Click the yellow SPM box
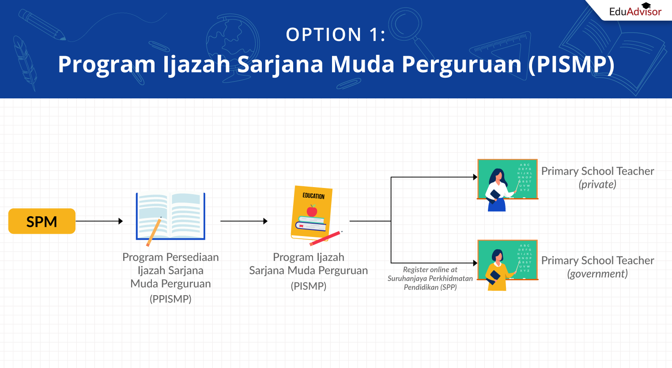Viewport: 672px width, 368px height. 42,221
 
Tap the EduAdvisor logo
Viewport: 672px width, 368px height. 635,10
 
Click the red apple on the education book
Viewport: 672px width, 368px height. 312,211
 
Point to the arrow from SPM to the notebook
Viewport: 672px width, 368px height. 99,221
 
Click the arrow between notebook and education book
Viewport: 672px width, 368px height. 244,221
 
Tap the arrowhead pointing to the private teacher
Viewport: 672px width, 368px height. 475,177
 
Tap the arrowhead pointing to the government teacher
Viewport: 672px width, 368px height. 475,263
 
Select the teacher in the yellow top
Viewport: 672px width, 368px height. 498,270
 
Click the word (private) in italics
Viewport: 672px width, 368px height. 597,184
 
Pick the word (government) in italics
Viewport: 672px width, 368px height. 597,274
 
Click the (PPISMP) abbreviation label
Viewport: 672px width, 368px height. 170,299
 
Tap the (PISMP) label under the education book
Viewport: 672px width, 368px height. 308,286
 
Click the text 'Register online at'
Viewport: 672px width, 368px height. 430,270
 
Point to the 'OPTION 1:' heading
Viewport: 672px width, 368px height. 336,34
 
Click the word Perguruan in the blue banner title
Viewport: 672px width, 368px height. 462,64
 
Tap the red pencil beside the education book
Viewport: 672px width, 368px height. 326,238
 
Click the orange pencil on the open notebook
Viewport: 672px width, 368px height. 154,232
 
